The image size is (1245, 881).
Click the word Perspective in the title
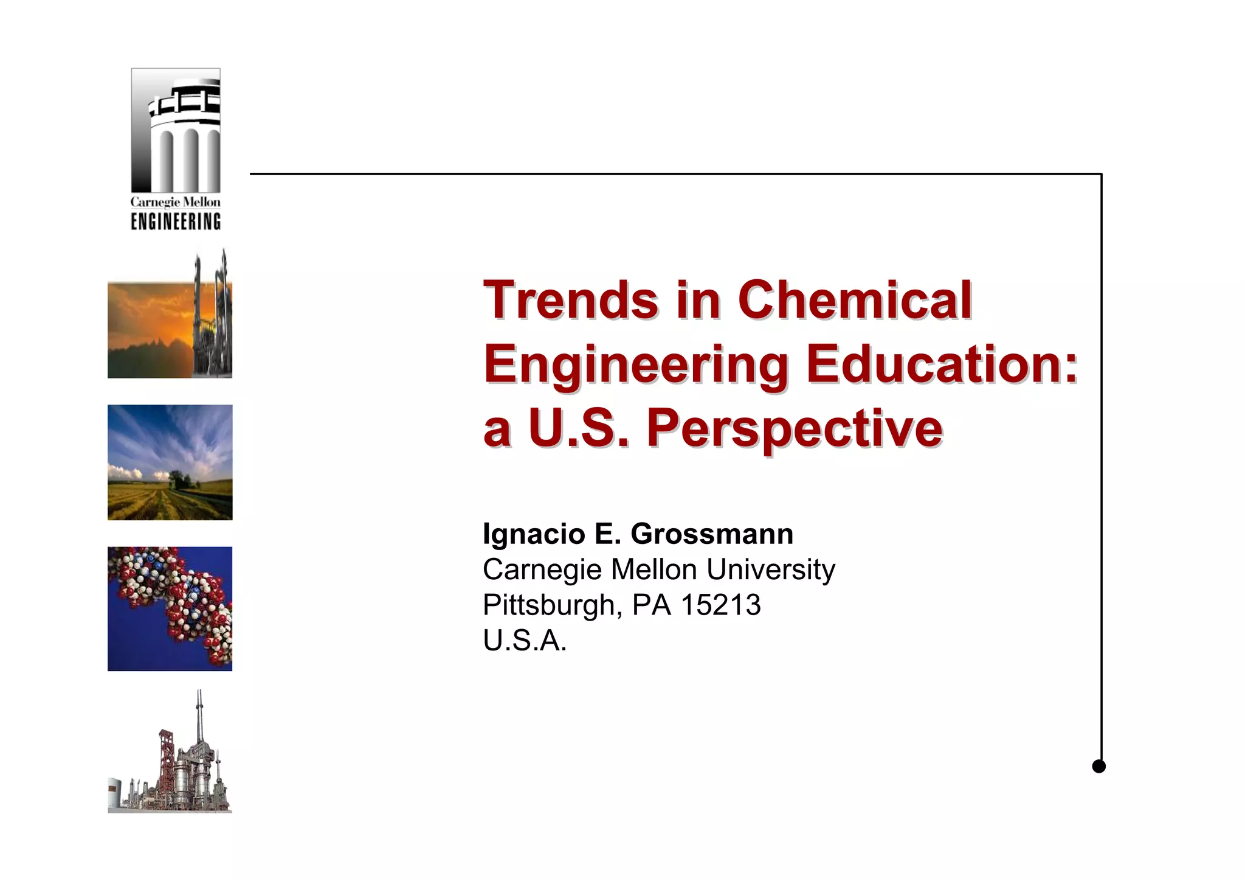tap(794, 428)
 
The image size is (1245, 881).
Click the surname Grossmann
tap(712, 534)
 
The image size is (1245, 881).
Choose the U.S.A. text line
tap(525, 641)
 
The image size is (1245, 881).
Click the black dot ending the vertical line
tap(1098, 766)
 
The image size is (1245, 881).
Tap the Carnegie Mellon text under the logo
tap(176, 202)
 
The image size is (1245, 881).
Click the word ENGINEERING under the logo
tap(176, 221)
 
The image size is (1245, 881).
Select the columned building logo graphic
tap(176, 130)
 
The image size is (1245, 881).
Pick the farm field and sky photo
tap(170, 462)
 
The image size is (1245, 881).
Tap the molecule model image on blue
tap(170, 608)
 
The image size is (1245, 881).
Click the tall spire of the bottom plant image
tap(199, 712)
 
